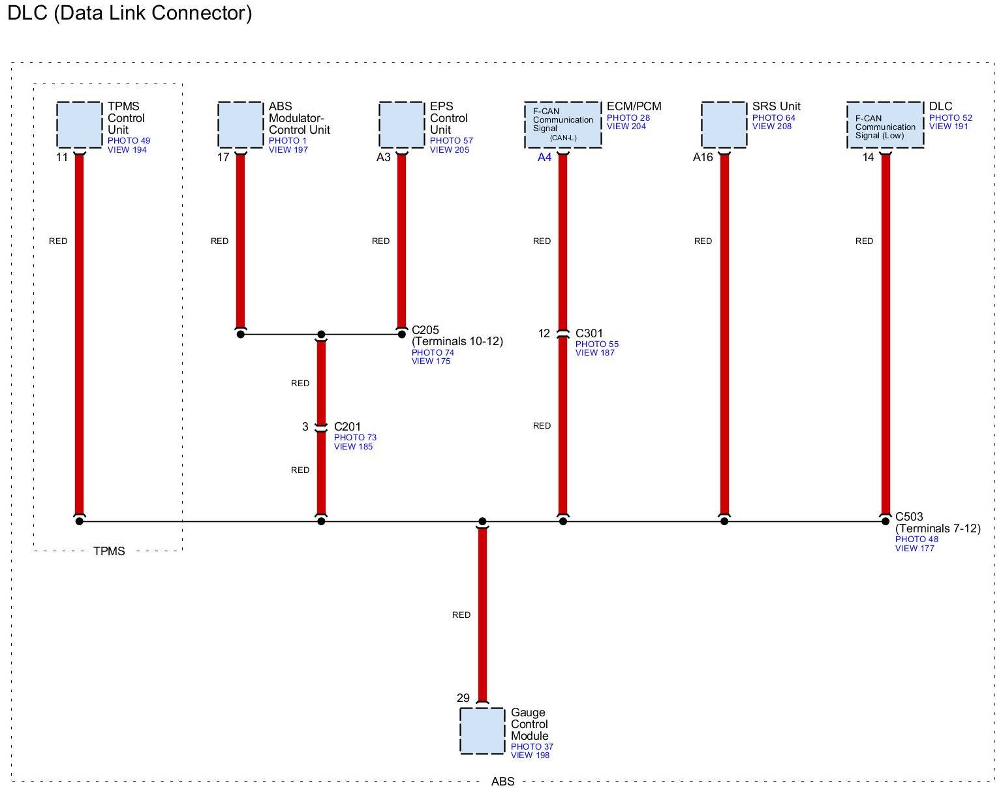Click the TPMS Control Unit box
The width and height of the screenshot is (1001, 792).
(79, 125)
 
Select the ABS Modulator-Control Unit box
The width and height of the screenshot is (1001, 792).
(240, 125)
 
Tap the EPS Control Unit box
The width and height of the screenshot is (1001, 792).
(401, 125)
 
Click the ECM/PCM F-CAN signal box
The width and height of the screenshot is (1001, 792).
(562, 125)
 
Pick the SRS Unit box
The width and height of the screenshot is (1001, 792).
(724, 125)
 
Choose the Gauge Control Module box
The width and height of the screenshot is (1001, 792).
(482, 731)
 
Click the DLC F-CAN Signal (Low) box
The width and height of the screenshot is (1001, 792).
(885, 125)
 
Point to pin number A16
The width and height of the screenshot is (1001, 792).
(703, 157)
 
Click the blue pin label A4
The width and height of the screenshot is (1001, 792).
(544, 157)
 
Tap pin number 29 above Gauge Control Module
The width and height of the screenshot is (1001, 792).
(463, 698)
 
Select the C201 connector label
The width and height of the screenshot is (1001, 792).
(347, 427)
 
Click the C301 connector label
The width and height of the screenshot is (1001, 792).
(589, 333)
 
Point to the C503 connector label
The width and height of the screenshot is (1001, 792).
(909, 517)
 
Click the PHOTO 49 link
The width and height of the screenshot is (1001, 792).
(129, 141)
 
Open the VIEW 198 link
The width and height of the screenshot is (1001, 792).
(530, 755)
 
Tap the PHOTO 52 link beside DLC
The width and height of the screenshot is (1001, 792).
(950, 118)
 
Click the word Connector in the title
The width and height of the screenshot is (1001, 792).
(202, 13)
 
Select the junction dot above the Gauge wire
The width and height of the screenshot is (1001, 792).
(482, 521)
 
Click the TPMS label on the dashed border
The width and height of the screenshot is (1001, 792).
(109, 551)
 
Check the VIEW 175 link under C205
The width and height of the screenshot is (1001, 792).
(431, 361)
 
